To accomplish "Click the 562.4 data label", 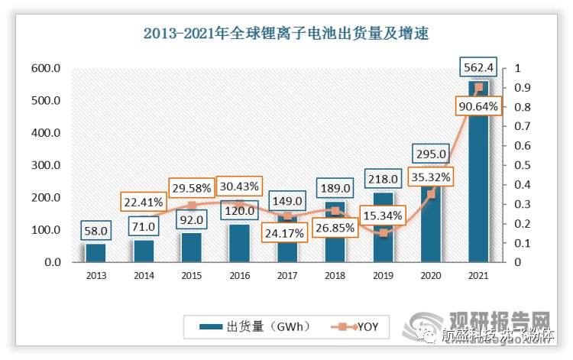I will [479, 68].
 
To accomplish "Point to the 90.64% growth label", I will [479, 106].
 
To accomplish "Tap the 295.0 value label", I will [430, 154].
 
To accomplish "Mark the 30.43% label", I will [238, 186].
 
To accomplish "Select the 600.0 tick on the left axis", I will [46, 68].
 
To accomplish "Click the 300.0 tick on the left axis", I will [46, 165].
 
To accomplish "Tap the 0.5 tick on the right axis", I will [521, 165].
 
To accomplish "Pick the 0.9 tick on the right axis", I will [521, 88].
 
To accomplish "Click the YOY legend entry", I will [359, 327].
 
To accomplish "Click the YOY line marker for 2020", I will [431, 194].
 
